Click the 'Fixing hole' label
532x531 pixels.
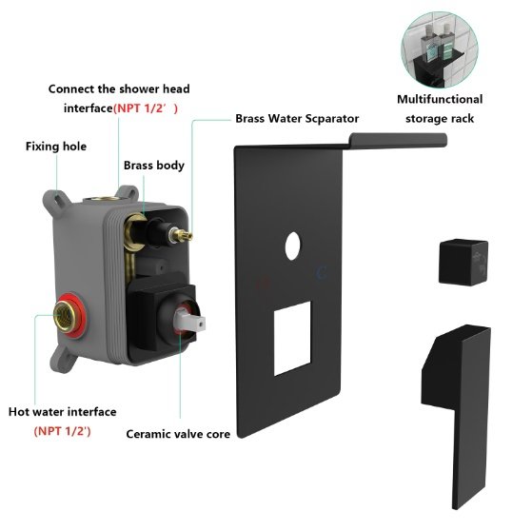[x=55, y=147]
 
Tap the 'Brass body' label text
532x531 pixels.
[x=154, y=166]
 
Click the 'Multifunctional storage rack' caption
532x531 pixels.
[x=440, y=108]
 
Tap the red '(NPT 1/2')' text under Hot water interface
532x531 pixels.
[x=64, y=431]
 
